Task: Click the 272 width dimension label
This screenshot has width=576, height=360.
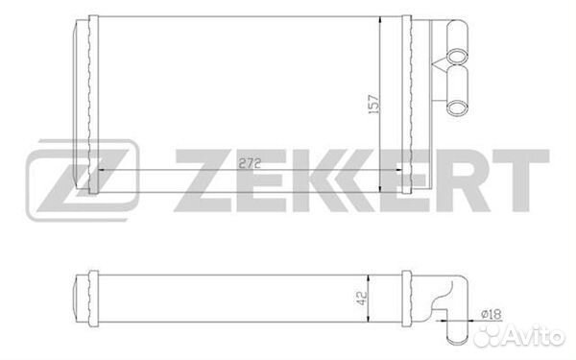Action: click(x=250, y=163)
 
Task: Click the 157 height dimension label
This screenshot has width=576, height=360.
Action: click(x=373, y=104)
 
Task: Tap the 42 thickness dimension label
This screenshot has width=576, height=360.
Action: click(x=362, y=298)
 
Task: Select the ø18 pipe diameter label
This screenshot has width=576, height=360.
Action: click(x=492, y=314)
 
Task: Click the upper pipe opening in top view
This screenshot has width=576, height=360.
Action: click(x=457, y=56)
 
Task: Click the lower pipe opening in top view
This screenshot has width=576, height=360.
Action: click(x=457, y=108)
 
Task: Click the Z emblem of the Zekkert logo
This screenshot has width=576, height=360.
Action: click(x=83, y=180)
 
